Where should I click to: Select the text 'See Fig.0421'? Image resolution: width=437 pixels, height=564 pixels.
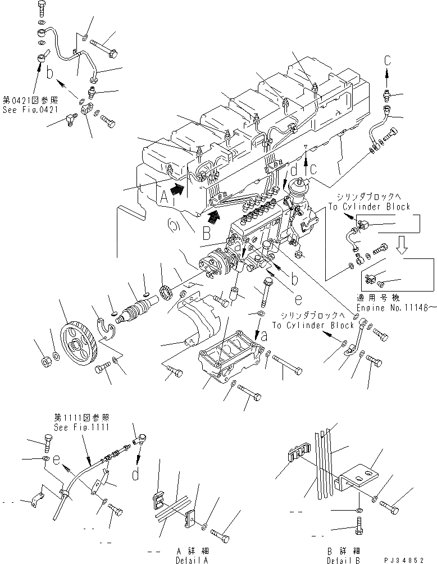[30, 110]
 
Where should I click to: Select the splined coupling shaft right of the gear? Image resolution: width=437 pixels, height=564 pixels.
[137, 312]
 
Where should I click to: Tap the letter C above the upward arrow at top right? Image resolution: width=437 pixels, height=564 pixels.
[387, 59]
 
